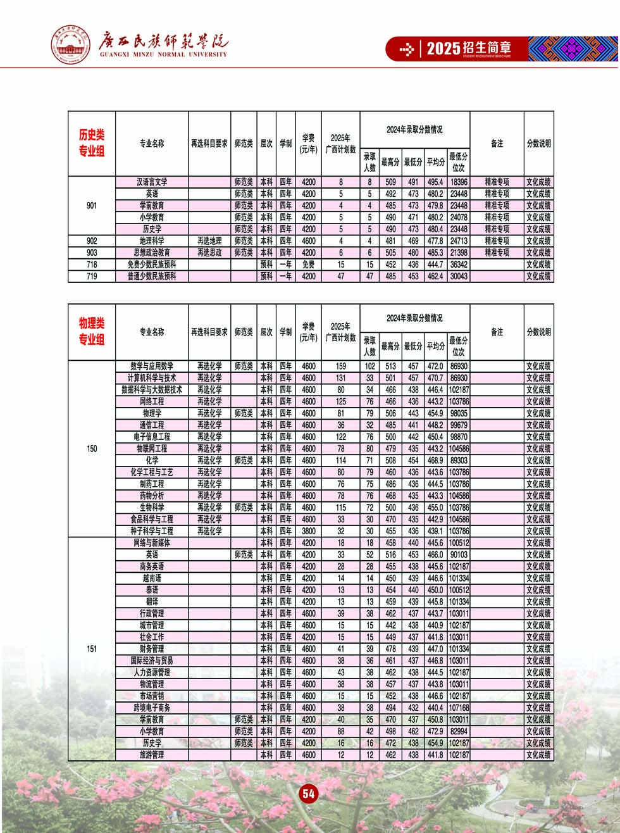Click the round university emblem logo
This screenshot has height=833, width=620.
(x=71, y=44)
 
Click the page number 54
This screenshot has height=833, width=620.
(x=308, y=794)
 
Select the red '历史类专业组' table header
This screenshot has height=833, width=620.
(x=92, y=143)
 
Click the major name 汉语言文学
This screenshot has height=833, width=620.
(x=152, y=182)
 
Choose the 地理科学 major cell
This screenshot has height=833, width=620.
(x=152, y=241)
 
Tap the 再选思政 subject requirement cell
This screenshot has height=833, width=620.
(x=209, y=253)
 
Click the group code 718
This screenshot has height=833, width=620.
(x=92, y=265)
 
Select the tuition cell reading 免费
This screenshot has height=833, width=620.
(x=308, y=265)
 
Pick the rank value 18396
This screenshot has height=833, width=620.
(x=459, y=182)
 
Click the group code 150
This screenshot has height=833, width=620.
(x=92, y=449)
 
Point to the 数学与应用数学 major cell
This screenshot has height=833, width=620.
(x=152, y=366)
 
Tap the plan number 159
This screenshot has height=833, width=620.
(x=341, y=366)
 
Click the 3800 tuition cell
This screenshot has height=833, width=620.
(x=308, y=531)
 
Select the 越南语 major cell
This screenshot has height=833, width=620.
(x=152, y=579)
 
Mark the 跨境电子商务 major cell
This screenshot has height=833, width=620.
(x=152, y=708)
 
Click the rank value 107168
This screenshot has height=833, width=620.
(x=459, y=708)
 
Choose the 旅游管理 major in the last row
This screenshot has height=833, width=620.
(x=152, y=755)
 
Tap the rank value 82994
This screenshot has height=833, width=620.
(x=459, y=732)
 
